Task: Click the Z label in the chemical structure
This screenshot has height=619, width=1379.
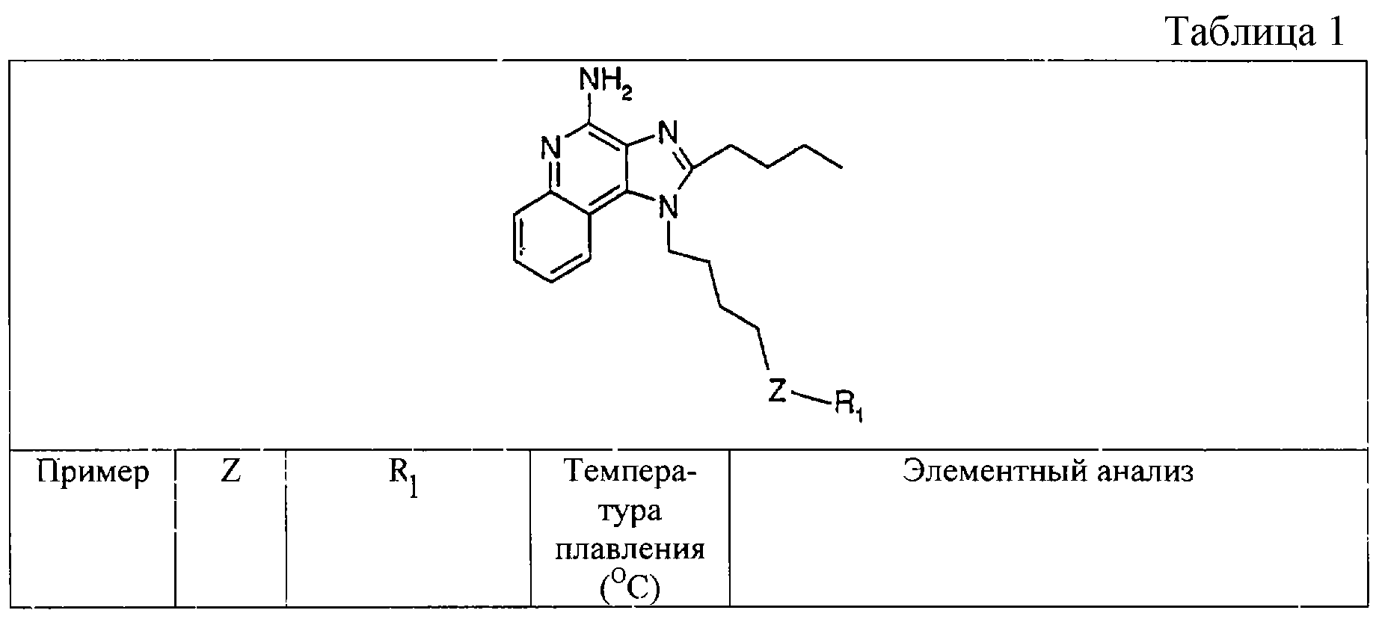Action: (778, 390)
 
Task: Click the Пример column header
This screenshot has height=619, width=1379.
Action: (93, 473)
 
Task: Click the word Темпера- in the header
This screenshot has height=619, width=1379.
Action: (630, 473)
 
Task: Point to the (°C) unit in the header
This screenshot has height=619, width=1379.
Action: (630, 588)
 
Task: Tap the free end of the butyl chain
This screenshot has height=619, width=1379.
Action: (843, 167)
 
